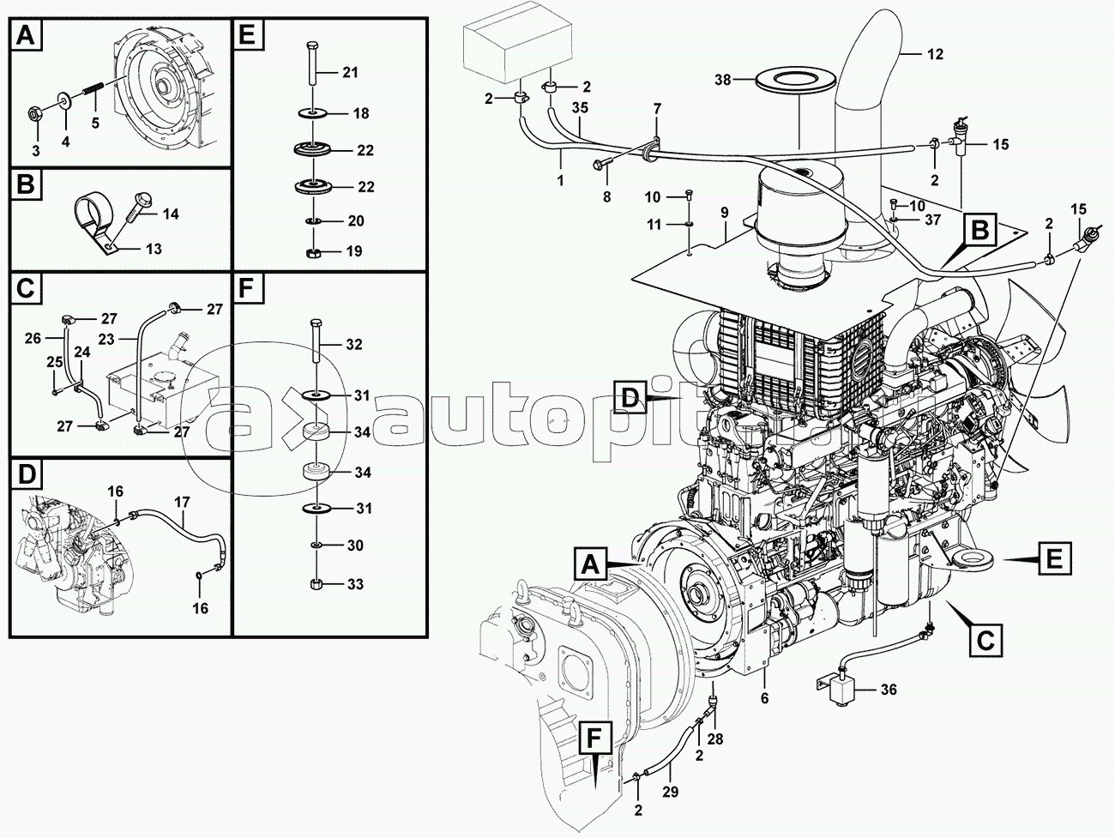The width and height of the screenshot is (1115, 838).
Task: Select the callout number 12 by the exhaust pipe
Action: click(x=934, y=53)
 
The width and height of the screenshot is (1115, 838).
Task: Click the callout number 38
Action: click(x=724, y=81)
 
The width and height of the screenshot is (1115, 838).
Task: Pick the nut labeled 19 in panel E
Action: click(x=313, y=251)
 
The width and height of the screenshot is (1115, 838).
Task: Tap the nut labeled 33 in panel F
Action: click(x=316, y=584)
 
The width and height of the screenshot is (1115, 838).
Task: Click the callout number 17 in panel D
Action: click(x=182, y=502)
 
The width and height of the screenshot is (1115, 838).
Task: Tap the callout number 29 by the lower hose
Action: click(x=670, y=793)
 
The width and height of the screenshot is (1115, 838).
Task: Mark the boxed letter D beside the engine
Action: click(x=630, y=398)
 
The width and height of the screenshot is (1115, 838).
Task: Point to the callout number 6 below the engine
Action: click(x=764, y=697)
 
